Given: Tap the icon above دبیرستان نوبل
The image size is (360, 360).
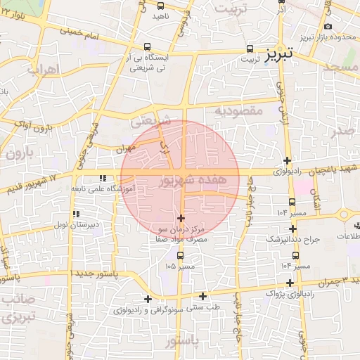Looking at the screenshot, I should click(x=75, y=214).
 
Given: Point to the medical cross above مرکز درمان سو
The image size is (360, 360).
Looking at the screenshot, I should click(x=182, y=219).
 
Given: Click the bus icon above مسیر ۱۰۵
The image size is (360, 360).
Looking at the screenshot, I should click(x=181, y=255).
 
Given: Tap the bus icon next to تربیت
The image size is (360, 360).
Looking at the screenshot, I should click(x=251, y=49).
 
